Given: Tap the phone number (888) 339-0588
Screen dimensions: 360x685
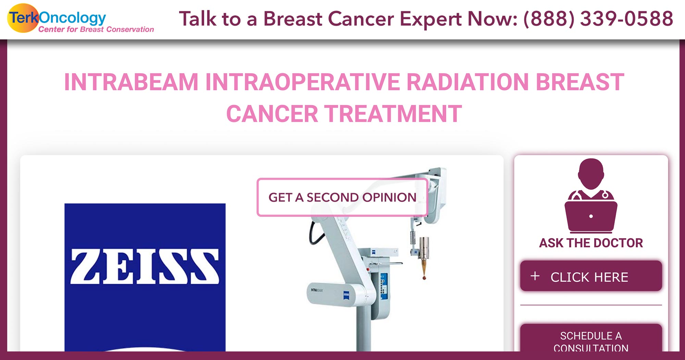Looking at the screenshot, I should (598, 19).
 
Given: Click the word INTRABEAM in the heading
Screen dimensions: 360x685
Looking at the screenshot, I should (131, 82).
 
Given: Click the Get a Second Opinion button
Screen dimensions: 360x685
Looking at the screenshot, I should (342, 197).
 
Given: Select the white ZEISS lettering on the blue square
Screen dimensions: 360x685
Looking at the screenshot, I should (145, 266).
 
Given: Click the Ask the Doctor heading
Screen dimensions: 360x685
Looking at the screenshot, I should (591, 243).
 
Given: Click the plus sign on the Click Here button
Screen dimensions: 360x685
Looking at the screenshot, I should (535, 276).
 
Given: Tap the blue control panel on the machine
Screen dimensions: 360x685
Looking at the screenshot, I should (384, 284).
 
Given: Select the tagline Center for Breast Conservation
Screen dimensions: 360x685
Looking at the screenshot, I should (96, 29).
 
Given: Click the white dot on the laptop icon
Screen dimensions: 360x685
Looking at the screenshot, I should (591, 216).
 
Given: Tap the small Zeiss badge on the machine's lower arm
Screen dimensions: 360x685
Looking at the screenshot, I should (346, 295).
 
